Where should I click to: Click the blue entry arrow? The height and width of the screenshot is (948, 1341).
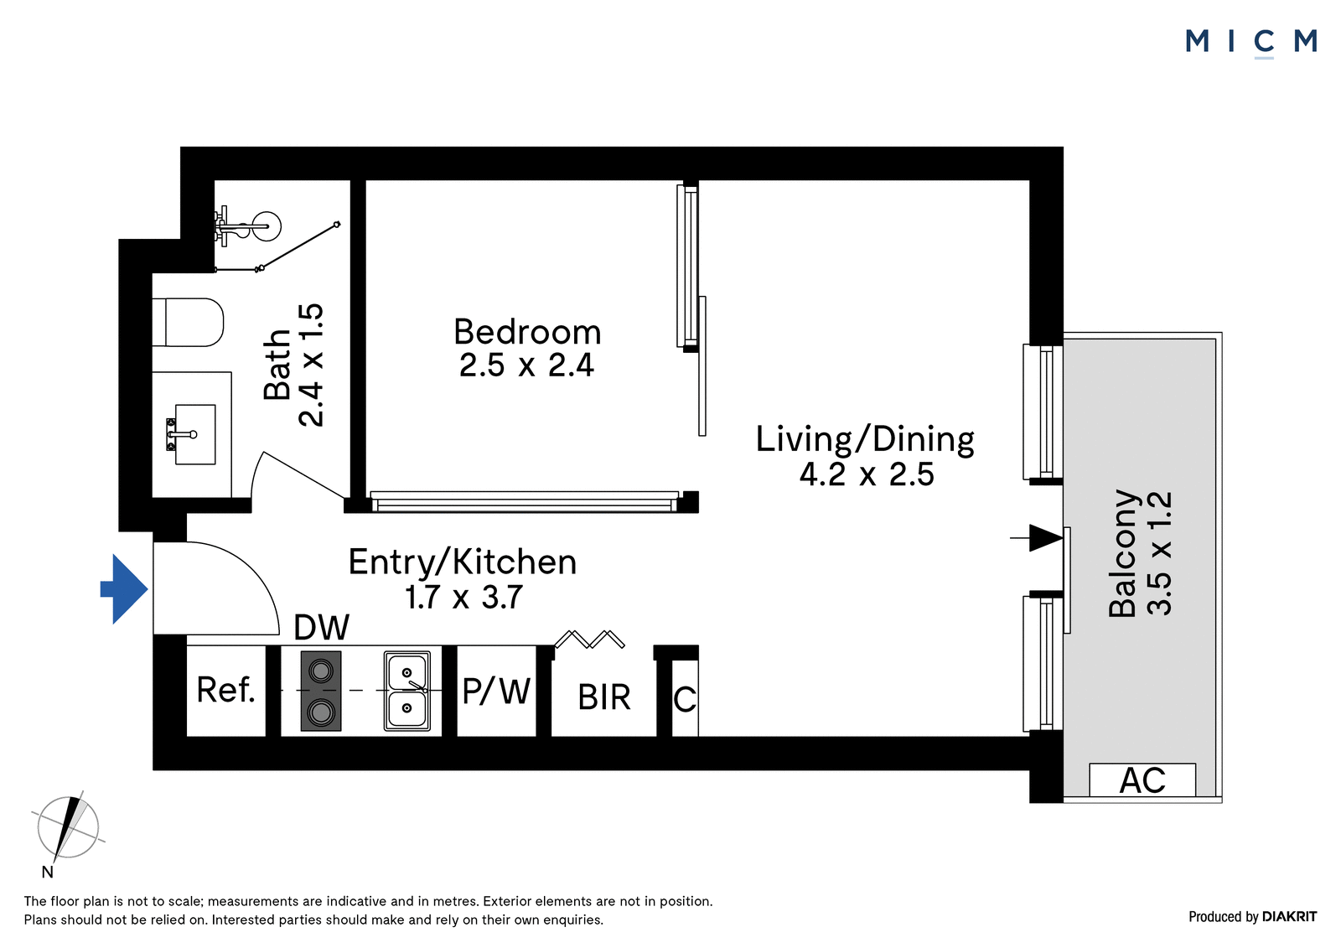124,589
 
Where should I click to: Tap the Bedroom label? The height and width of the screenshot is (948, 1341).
527,332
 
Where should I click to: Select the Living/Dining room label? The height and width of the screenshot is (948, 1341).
865,439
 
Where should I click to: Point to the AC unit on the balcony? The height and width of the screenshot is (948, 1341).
1142,780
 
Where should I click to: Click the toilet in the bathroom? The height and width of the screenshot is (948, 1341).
188,322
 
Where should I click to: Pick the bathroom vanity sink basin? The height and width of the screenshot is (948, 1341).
194,434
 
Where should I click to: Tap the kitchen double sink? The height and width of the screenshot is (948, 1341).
407,691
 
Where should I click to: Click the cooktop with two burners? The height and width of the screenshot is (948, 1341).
321,691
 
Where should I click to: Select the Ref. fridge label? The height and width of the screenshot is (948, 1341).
225,690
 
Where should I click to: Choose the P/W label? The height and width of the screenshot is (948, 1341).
496,691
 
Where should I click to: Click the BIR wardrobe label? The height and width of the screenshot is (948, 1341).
604,697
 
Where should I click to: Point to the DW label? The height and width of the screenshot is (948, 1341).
322,627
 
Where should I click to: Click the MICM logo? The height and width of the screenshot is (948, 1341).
1251,42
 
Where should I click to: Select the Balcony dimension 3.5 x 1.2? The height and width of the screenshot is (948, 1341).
1159,553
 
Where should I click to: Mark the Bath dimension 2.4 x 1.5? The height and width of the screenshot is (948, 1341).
311,365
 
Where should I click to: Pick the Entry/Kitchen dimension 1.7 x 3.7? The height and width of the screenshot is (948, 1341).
464,597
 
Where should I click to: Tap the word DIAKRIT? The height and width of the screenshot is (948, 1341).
1290,916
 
